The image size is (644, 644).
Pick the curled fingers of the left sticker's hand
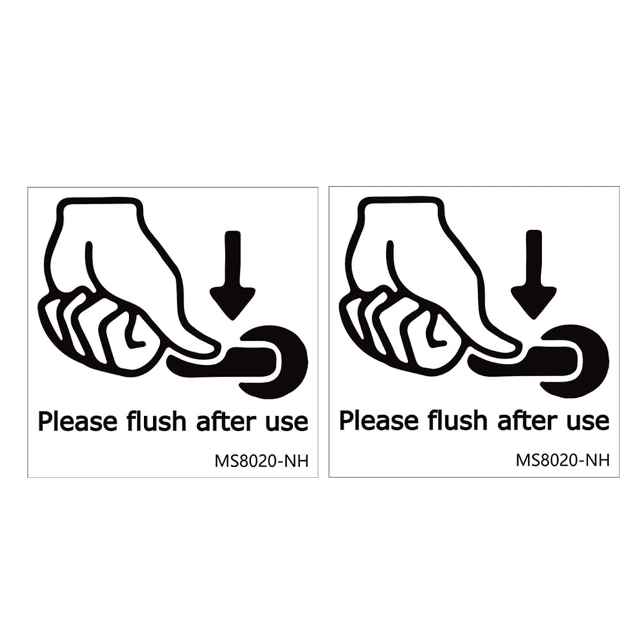pyautogui.click(x=96, y=331)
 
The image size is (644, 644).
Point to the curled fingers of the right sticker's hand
pyautogui.click(x=397, y=331)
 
